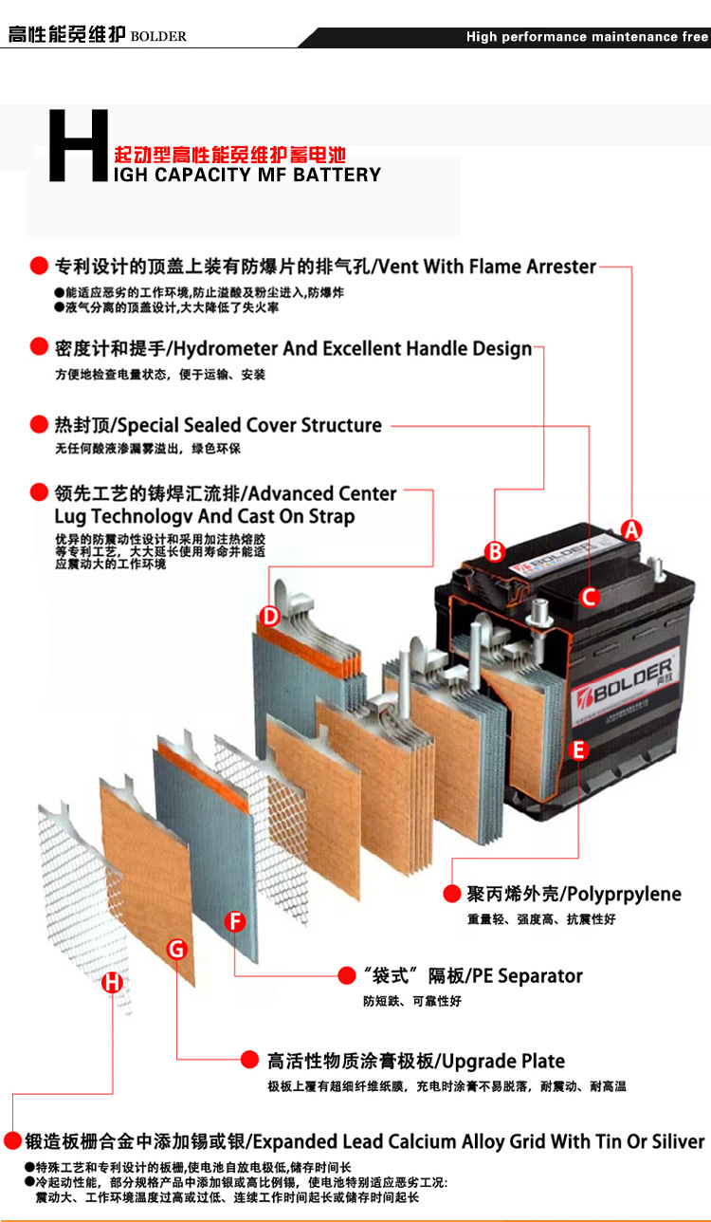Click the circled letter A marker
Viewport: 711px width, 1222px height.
tap(632, 529)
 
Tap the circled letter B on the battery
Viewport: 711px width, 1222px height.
tap(495, 551)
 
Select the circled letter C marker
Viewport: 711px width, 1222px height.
tap(589, 597)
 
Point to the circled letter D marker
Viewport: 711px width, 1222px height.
tap(269, 616)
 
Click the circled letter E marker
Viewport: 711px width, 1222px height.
tap(578, 750)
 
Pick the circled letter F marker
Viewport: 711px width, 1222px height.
tap(235, 921)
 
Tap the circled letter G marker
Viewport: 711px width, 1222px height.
tap(177, 949)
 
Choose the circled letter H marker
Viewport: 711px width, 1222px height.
tap(112, 983)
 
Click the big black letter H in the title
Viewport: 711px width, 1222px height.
tap(79, 145)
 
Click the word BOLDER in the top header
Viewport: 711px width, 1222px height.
tap(158, 37)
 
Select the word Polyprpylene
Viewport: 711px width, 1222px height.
tap(624, 894)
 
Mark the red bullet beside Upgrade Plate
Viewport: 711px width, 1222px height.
tap(249, 1060)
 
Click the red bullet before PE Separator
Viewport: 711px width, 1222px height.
tap(347, 975)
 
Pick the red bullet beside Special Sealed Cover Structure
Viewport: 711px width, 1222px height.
tap(39, 424)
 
